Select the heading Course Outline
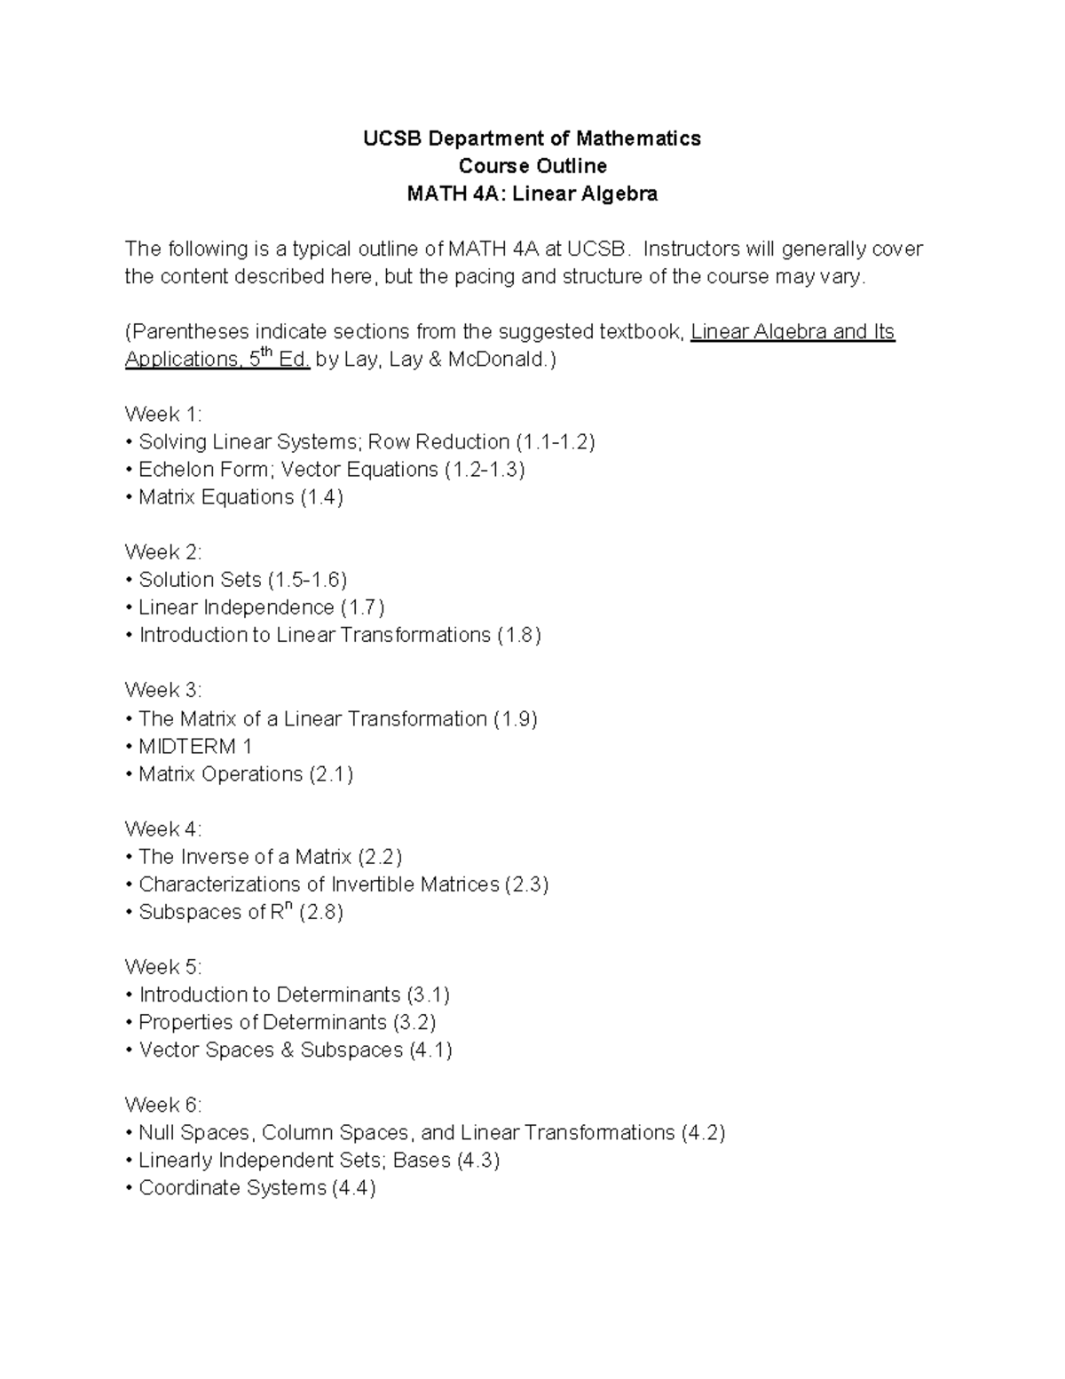click(532, 166)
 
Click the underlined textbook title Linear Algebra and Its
click(793, 332)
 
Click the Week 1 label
click(163, 415)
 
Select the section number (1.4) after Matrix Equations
click(321, 497)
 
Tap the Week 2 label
click(163, 552)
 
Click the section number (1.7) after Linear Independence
click(362, 607)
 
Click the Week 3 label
click(163, 690)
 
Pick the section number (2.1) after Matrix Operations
click(331, 774)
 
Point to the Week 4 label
click(163, 829)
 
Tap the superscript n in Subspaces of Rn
click(289, 905)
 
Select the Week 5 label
click(163, 967)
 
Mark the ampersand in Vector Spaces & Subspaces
click(287, 1050)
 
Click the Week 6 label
click(163, 1106)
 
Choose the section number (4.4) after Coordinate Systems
click(353, 1188)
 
